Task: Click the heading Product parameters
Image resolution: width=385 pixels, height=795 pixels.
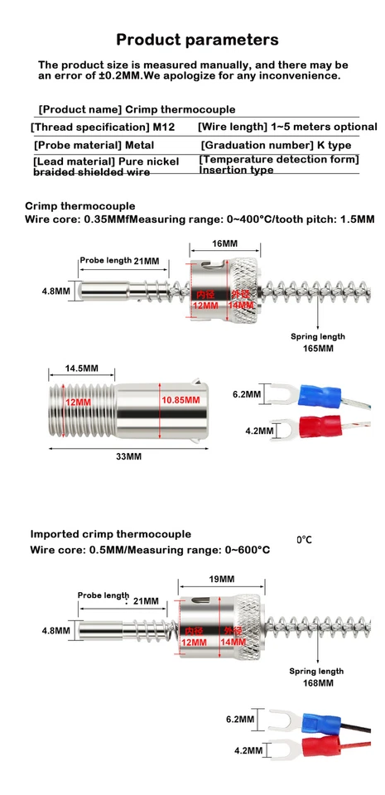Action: (x=197, y=40)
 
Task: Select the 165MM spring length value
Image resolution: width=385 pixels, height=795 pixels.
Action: (x=317, y=349)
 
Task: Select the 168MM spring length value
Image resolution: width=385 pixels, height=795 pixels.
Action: (x=317, y=683)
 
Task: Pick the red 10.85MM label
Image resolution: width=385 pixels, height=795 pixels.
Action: (x=180, y=400)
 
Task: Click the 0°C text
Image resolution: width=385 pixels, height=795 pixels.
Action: (x=304, y=540)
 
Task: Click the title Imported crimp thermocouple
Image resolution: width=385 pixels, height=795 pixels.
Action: (x=111, y=534)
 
